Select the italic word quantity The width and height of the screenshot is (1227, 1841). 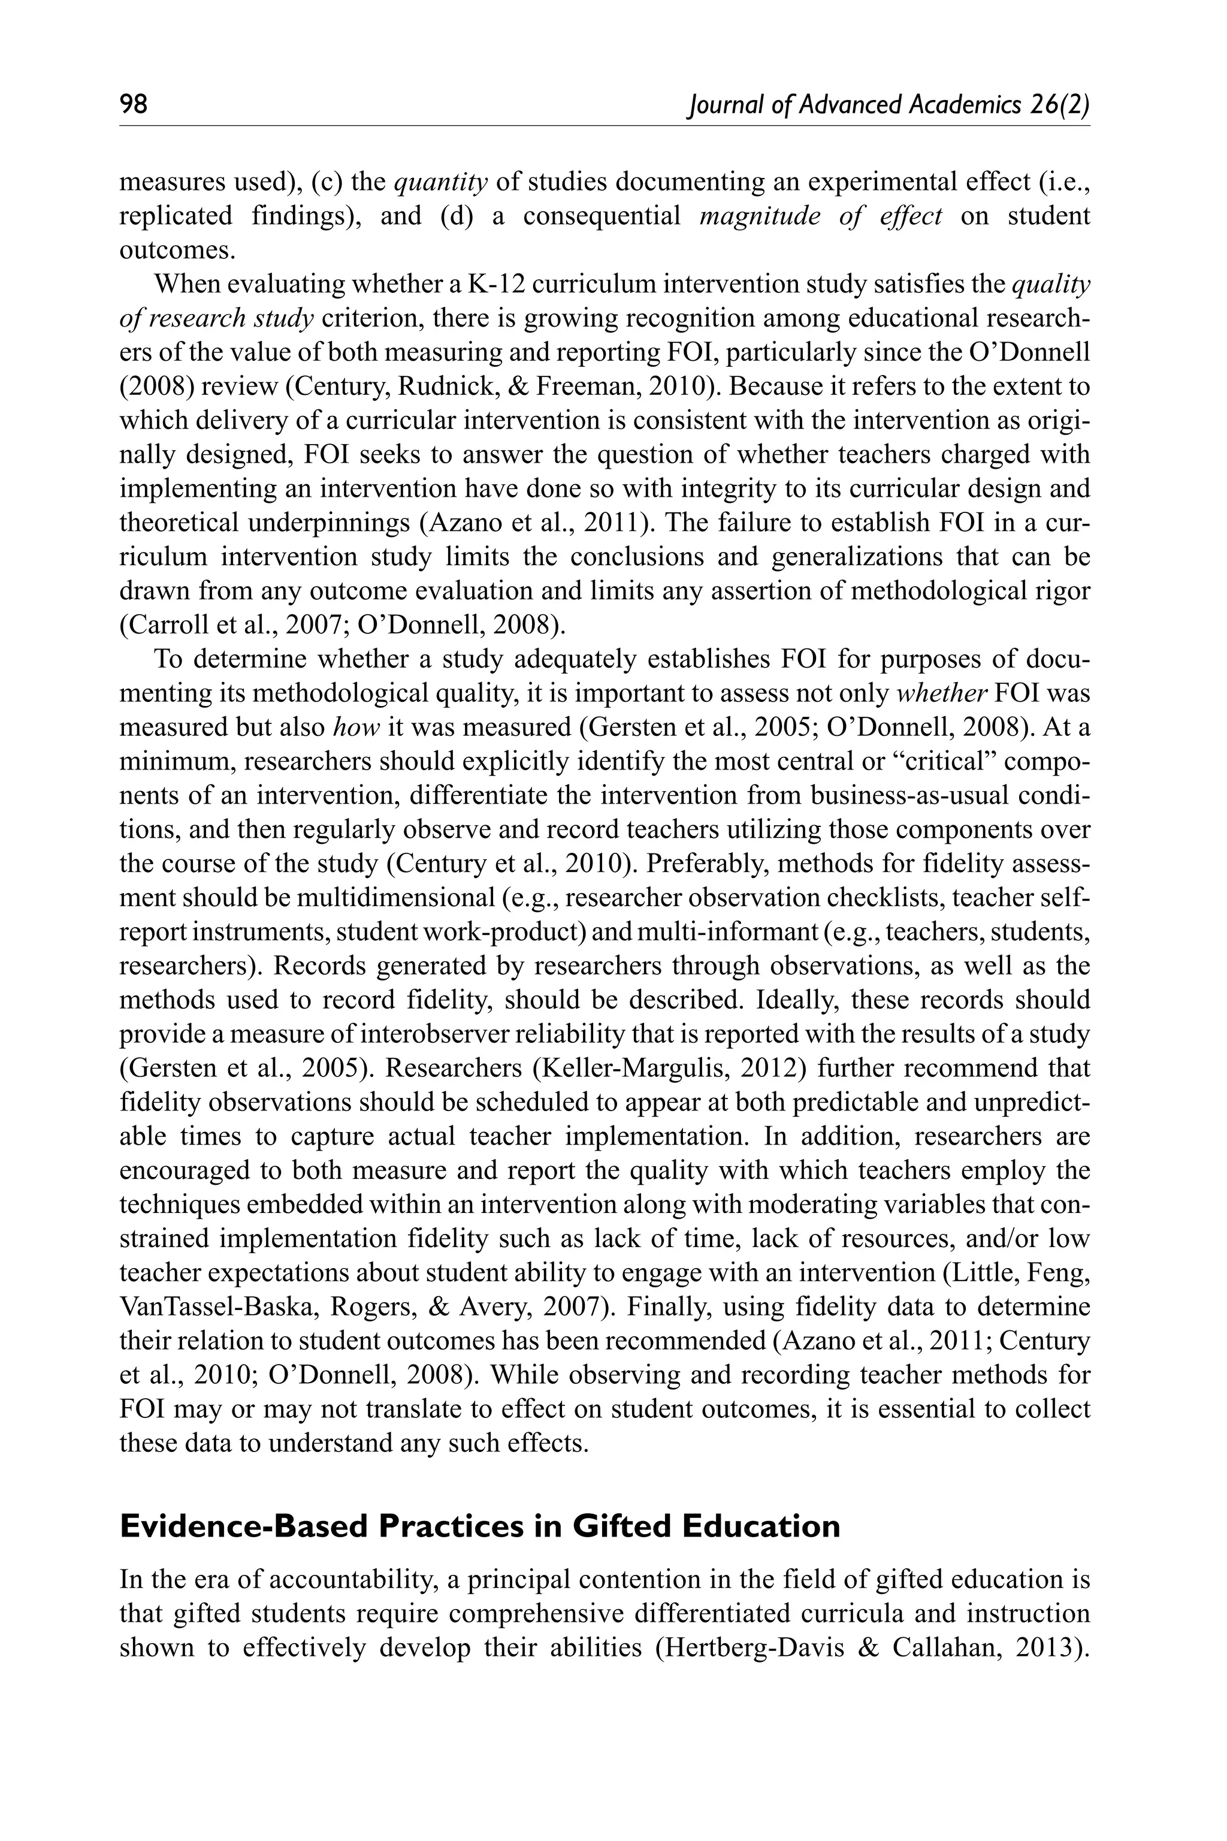pyautogui.click(x=440, y=182)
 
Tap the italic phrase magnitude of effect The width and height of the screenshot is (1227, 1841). pyautogui.click(x=821, y=216)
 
